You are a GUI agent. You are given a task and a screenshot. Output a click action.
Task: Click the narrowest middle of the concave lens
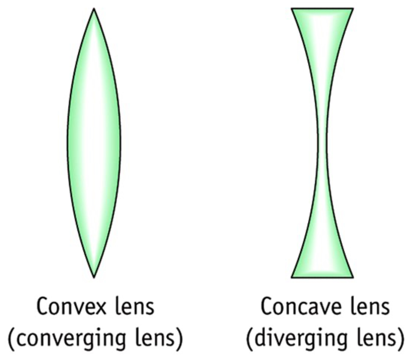322,143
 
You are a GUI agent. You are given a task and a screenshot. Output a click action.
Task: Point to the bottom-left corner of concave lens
292,277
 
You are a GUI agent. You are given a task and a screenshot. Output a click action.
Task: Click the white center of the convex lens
94,143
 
